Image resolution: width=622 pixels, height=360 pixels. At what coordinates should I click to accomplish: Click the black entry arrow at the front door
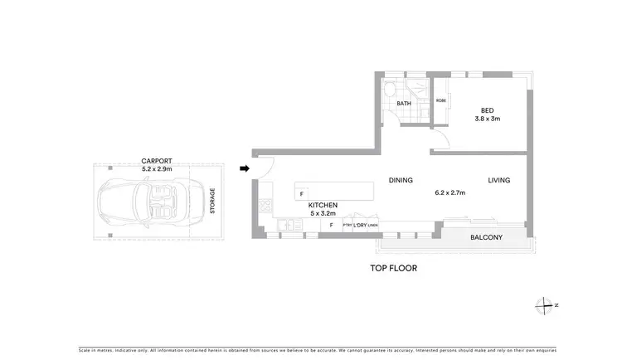(245, 168)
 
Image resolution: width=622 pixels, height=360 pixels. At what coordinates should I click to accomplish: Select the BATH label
(404, 104)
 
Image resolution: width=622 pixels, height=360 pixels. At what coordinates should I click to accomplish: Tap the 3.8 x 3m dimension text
(487, 119)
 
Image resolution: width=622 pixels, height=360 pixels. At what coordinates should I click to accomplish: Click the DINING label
(401, 180)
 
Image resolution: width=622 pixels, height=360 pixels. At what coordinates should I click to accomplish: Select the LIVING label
(498, 180)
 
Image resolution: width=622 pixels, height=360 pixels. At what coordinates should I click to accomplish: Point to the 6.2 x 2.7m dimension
(450, 193)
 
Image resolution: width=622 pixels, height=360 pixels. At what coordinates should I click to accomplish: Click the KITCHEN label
(323, 205)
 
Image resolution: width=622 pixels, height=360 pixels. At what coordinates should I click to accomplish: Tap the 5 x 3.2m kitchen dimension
(323, 213)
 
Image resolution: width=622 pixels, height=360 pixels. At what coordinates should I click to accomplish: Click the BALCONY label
(486, 237)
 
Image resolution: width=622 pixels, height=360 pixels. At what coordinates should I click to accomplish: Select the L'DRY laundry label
(361, 226)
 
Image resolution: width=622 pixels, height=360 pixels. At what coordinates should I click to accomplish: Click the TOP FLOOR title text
(393, 269)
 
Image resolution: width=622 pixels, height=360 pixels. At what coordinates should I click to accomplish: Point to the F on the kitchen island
(301, 193)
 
